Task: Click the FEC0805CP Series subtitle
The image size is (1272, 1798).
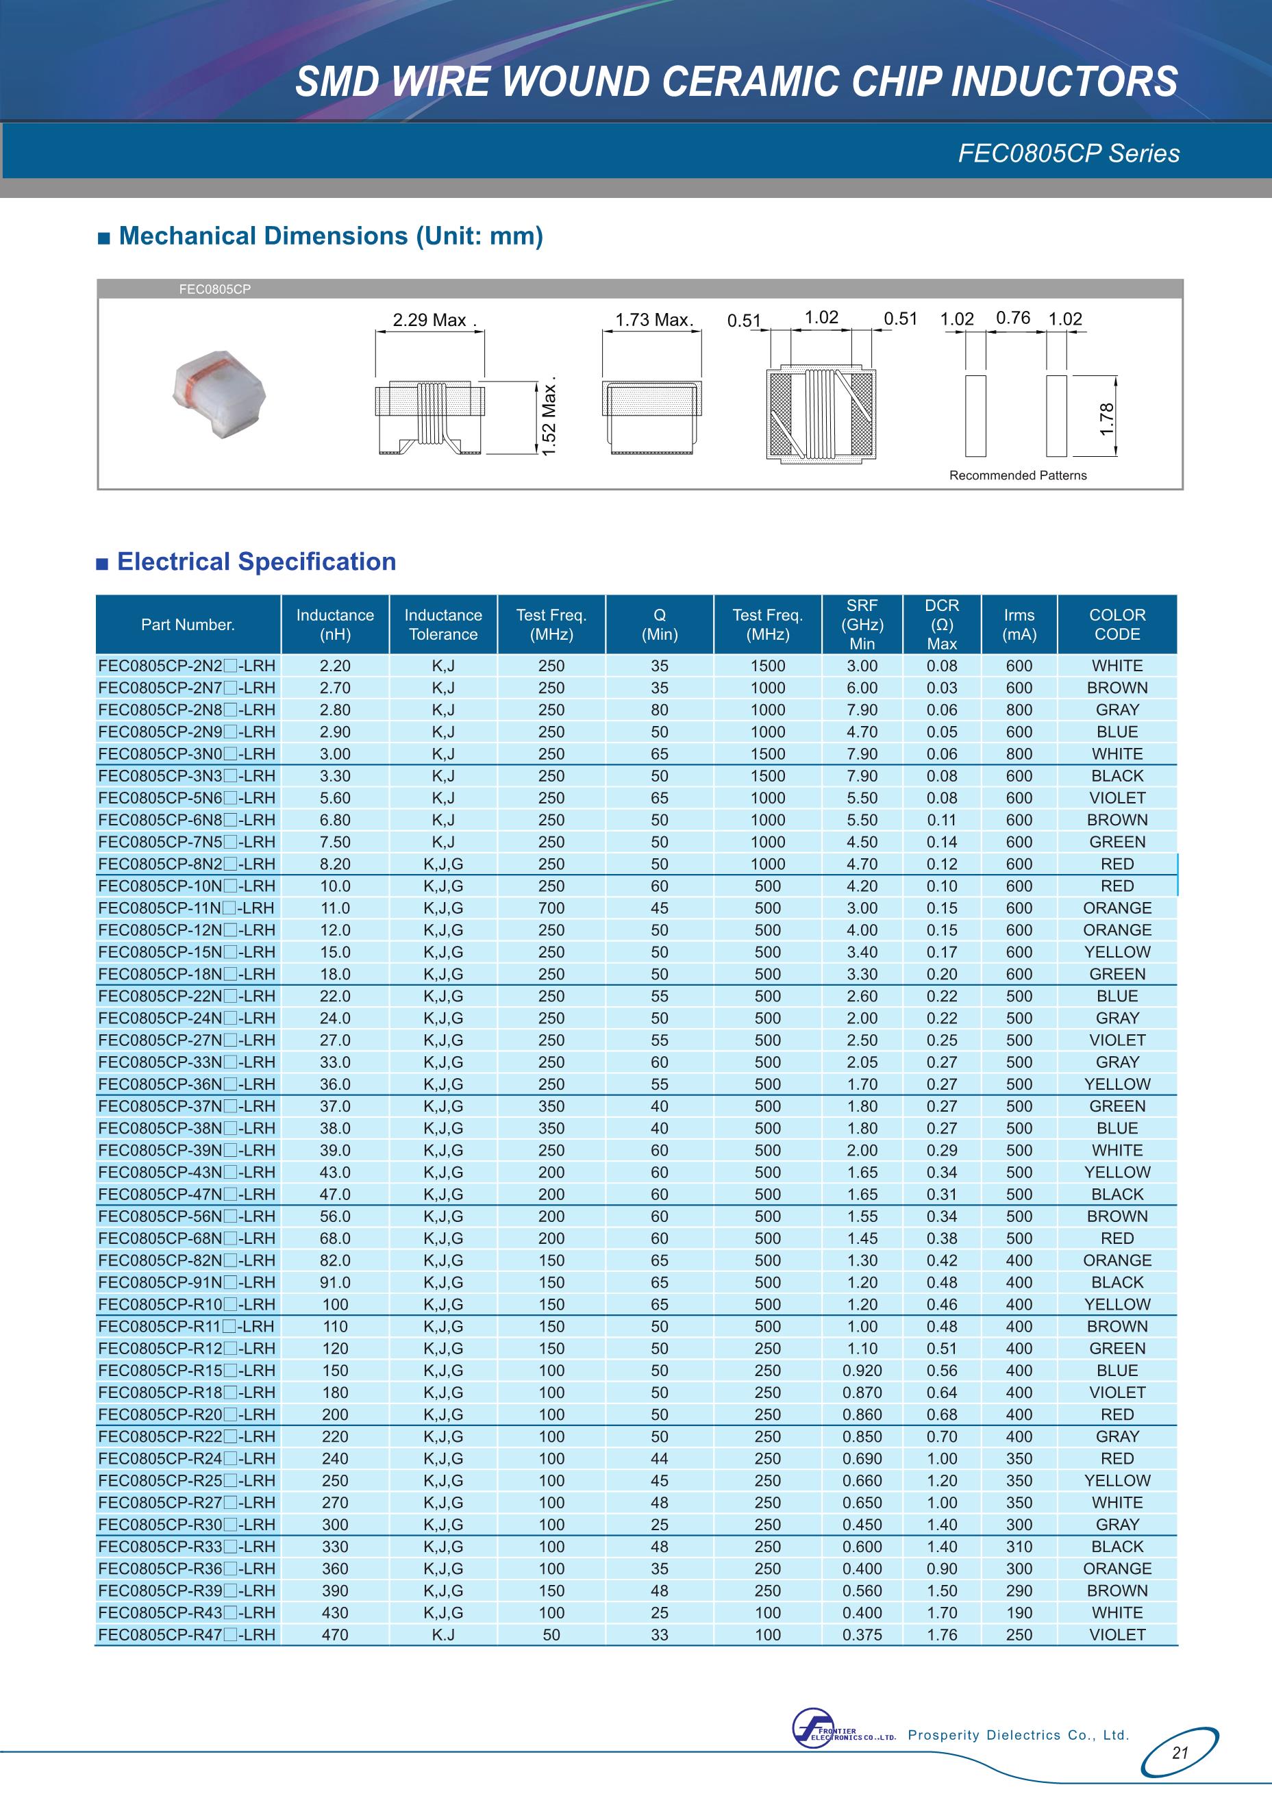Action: click(1069, 153)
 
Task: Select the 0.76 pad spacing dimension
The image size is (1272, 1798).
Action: click(1013, 318)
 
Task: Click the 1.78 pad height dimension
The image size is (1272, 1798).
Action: click(1106, 419)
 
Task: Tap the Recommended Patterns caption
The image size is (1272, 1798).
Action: click(1017, 475)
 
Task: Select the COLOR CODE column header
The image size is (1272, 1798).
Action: click(1117, 625)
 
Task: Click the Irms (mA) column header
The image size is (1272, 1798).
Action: click(1019, 625)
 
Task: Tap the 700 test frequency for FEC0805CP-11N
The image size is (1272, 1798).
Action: click(551, 908)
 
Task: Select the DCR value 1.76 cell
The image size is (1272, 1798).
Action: click(941, 1635)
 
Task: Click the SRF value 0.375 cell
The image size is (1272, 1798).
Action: click(862, 1635)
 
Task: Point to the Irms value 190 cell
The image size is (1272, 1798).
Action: click(1019, 1613)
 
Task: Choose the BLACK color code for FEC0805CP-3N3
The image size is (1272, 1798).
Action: click(1117, 776)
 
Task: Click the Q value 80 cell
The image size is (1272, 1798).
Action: click(660, 710)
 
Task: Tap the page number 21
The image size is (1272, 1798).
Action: click(1180, 1753)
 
